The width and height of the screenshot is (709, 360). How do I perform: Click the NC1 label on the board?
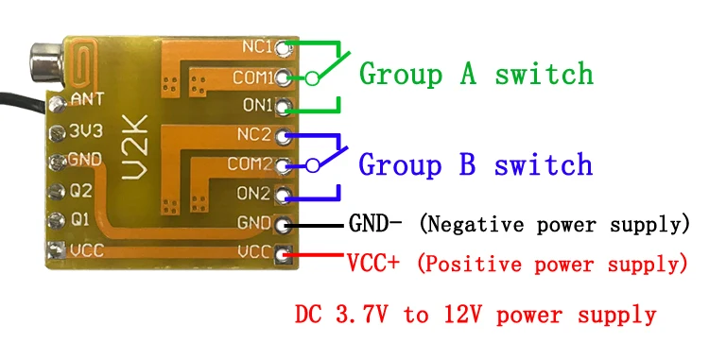257,46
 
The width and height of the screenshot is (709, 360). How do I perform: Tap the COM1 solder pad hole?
282,77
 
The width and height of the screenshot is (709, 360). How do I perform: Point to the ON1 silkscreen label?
258,105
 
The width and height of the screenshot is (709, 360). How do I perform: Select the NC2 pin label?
254,134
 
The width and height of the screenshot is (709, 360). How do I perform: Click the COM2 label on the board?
251,163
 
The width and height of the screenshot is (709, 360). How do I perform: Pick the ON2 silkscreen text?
253,194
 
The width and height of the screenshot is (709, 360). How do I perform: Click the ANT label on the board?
88,98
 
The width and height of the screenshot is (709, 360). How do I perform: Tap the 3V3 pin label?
86,131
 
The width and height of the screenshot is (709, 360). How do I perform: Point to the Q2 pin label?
80,191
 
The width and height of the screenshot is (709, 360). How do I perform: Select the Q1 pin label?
80,220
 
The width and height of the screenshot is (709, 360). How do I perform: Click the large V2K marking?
136,147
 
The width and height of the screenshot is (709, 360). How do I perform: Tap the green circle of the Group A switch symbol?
312,78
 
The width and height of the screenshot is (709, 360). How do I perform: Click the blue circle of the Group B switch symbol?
313,165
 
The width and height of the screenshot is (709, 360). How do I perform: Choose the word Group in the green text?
401,74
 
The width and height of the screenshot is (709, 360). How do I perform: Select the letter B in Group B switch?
467,163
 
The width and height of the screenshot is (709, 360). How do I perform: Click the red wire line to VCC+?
314,255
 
